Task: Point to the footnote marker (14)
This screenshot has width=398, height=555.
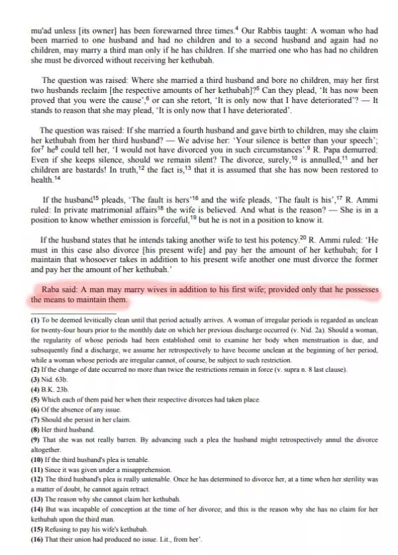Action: tap(38, 509)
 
